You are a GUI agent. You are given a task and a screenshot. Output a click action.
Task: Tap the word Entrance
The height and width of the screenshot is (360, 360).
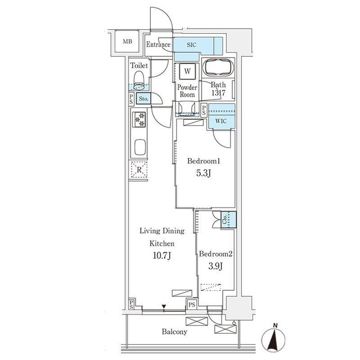pos(159,44)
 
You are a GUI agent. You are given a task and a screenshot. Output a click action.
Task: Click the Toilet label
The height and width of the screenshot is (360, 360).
pos(139,66)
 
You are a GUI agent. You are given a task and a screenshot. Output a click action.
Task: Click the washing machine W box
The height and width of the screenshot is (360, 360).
pos(186,72)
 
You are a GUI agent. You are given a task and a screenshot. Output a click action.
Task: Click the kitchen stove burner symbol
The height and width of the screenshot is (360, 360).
pos(139,119)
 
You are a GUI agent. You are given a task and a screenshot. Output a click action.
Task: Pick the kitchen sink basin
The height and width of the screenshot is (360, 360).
pos(139,149)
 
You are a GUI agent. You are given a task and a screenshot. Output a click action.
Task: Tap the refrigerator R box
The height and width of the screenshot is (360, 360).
pos(138,169)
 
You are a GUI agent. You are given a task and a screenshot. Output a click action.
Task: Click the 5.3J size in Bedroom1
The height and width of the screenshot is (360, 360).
pos(203,174)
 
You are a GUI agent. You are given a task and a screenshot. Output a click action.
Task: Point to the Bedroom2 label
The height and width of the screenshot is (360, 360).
pos(215,254)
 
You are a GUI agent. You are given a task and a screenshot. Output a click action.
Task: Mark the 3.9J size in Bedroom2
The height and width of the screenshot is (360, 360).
pos(215,267)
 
